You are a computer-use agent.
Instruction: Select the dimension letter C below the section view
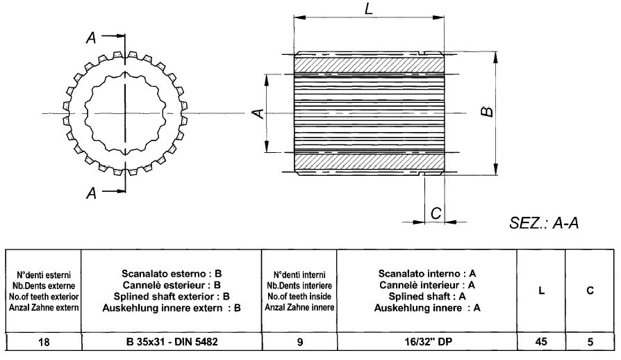click(x=436, y=214)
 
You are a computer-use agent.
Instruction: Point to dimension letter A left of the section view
click(x=256, y=112)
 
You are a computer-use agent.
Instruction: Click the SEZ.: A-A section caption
click(x=544, y=223)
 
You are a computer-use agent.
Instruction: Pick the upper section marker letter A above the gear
click(x=91, y=39)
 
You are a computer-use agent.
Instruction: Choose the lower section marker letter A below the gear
click(x=91, y=194)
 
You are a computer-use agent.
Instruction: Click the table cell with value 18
click(x=42, y=342)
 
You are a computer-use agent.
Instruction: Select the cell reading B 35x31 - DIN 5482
click(x=170, y=342)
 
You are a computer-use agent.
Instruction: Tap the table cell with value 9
click(x=299, y=342)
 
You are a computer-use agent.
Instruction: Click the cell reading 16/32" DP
click(x=431, y=342)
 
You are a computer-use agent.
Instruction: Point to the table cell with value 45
click(x=541, y=342)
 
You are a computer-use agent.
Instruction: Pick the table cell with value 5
click(x=589, y=342)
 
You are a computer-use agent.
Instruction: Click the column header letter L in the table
click(x=541, y=291)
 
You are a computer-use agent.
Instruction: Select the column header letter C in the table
click(x=589, y=291)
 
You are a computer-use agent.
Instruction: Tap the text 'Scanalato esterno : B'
click(x=171, y=274)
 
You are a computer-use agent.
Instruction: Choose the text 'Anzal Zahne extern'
click(x=42, y=306)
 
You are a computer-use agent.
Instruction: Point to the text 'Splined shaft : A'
click(x=431, y=296)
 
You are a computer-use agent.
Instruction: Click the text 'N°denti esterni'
click(x=42, y=275)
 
